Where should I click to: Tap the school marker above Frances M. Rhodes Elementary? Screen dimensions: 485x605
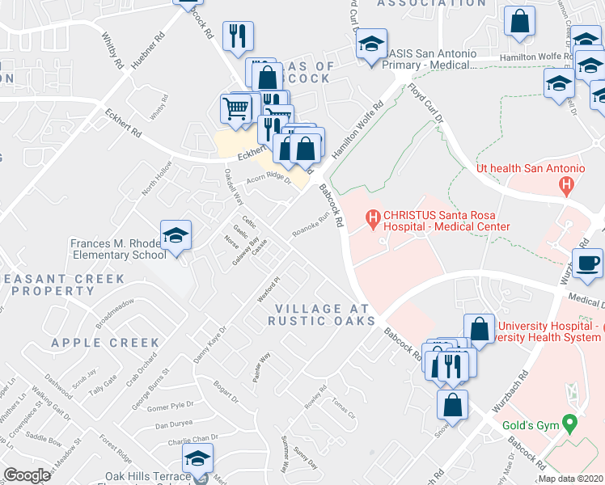coord(176,235)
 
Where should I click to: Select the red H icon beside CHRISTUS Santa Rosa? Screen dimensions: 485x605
coord(373,217)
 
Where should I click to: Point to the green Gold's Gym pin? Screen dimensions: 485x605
coord(571,423)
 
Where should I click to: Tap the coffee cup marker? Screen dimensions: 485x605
coord(587,263)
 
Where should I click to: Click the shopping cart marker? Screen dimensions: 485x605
coord(235,107)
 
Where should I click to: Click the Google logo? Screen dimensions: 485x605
coord(27,475)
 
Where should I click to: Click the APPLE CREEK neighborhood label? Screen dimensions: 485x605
coord(106,343)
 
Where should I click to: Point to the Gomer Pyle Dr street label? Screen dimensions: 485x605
coord(171,406)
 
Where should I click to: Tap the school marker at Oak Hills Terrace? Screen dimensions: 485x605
coord(197,458)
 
